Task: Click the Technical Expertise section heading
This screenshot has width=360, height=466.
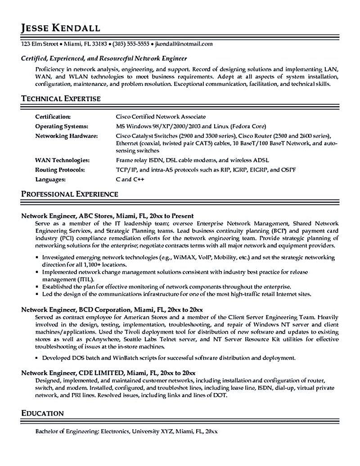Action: coord(61,98)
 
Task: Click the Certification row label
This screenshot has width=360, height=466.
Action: coord(53,116)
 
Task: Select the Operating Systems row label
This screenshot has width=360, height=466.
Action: coord(61,126)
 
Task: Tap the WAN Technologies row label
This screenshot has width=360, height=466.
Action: coord(62,160)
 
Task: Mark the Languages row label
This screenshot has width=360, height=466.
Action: coord(50,179)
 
